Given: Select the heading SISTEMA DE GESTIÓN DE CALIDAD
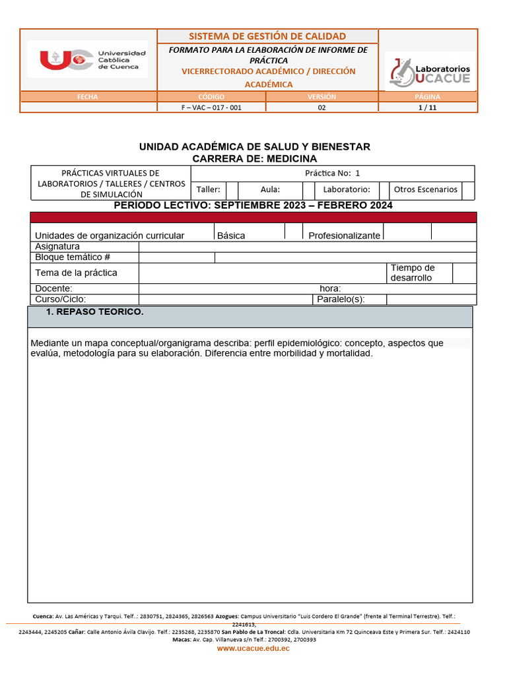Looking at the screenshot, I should [267, 36].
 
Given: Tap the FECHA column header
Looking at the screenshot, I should [87, 97].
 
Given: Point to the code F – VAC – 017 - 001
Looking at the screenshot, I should [211, 108].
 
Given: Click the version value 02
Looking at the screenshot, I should [321, 108].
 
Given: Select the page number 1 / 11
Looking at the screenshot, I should [427, 108].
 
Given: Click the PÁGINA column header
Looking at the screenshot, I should [427, 97].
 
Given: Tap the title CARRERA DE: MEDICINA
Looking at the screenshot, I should [254, 159].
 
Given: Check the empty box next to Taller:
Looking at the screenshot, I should [232, 190].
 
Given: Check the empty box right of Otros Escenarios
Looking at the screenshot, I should [468, 190].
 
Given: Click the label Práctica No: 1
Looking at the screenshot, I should [332, 174].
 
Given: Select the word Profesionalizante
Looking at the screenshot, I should [344, 236].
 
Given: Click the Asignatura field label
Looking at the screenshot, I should [57, 247].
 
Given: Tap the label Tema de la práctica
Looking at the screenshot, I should [76, 273].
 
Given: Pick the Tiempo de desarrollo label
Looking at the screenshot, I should [413, 273].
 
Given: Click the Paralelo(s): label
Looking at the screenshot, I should [341, 299].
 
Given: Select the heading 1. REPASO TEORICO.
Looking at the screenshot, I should [94, 312].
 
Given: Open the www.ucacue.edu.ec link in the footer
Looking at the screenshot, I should [253, 649].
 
